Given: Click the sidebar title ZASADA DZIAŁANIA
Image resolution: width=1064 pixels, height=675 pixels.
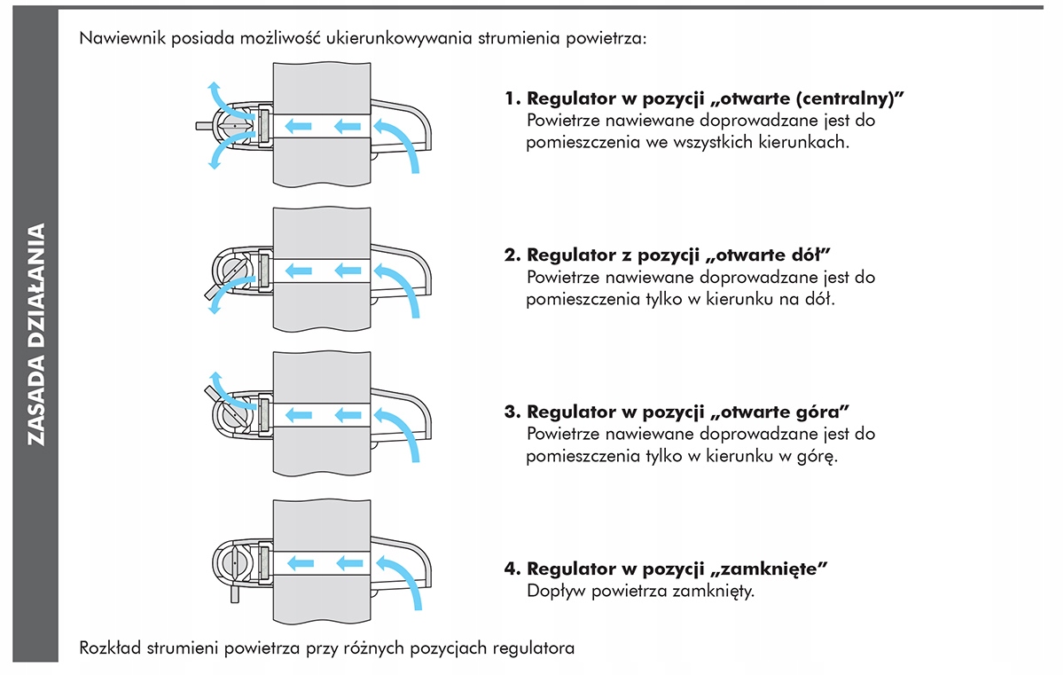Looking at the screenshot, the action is pos(36,334).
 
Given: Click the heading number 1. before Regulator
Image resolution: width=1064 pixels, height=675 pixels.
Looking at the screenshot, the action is pos(512,98).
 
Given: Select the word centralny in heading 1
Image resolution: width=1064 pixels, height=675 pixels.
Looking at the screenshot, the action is pos(846,98).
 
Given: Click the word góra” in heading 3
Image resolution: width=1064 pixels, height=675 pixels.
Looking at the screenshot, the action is pos(825,412).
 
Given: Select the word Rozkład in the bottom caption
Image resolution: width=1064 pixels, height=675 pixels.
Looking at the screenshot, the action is pos(110,648).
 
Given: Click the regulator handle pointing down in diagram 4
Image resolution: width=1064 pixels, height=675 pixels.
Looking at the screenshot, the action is pos(235,593).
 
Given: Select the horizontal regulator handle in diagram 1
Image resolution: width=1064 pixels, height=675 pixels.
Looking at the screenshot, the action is pos(205,126).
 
